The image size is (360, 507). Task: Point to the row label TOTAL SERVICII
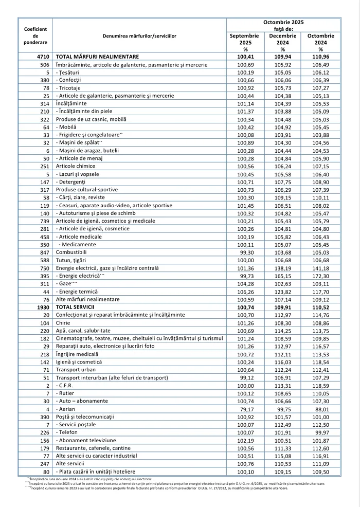[75, 307]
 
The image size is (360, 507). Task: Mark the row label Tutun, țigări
[73, 261]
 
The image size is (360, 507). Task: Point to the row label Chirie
[63, 322]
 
